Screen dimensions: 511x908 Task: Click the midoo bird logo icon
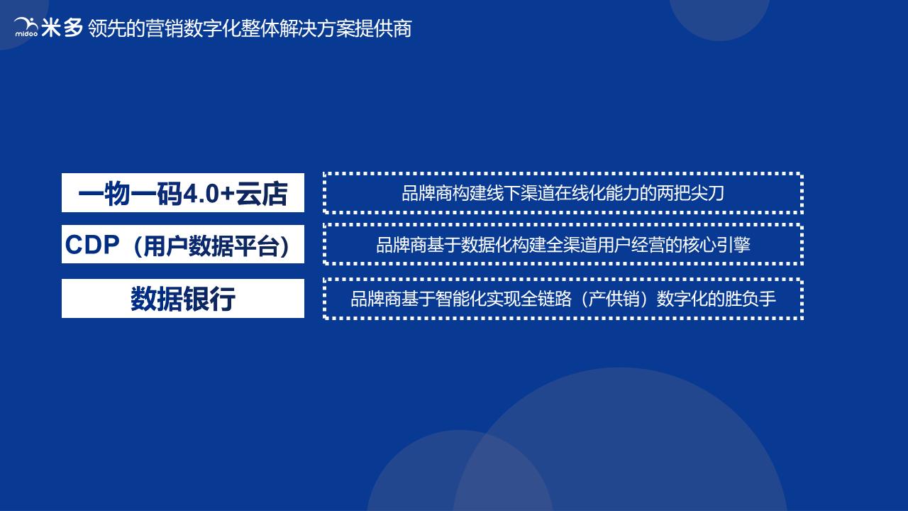(x=26, y=27)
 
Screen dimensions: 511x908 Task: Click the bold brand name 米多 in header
(x=62, y=28)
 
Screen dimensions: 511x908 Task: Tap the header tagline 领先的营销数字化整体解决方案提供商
(x=250, y=28)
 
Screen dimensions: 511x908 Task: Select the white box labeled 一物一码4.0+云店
(x=183, y=193)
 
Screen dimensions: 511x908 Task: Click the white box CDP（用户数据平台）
(x=183, y=245)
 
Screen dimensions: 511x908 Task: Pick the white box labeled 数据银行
(x=183, y=299)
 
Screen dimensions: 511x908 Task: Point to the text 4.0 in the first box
(x=203, y=194)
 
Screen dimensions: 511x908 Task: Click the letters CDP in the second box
(x=92, y=245)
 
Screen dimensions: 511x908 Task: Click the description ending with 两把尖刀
(x=563, y=193)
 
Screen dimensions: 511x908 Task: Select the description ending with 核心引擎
(x=563, y=245)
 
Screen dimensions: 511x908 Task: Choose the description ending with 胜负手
(x=563, y=299)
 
